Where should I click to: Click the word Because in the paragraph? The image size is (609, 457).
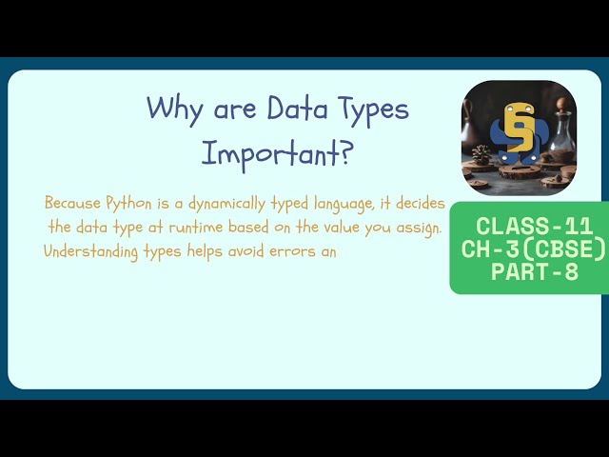point(69,203)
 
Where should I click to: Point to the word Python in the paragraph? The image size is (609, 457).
point(125,203)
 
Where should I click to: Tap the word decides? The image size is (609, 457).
point(420,203)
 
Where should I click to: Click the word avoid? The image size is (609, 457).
point(248,251)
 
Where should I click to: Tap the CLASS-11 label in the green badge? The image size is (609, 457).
point(534,227)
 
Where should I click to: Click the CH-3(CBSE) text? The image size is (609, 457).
point(533,249)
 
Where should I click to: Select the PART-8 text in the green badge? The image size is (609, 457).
point(533,271)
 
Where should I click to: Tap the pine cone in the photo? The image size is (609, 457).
point(481,152)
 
